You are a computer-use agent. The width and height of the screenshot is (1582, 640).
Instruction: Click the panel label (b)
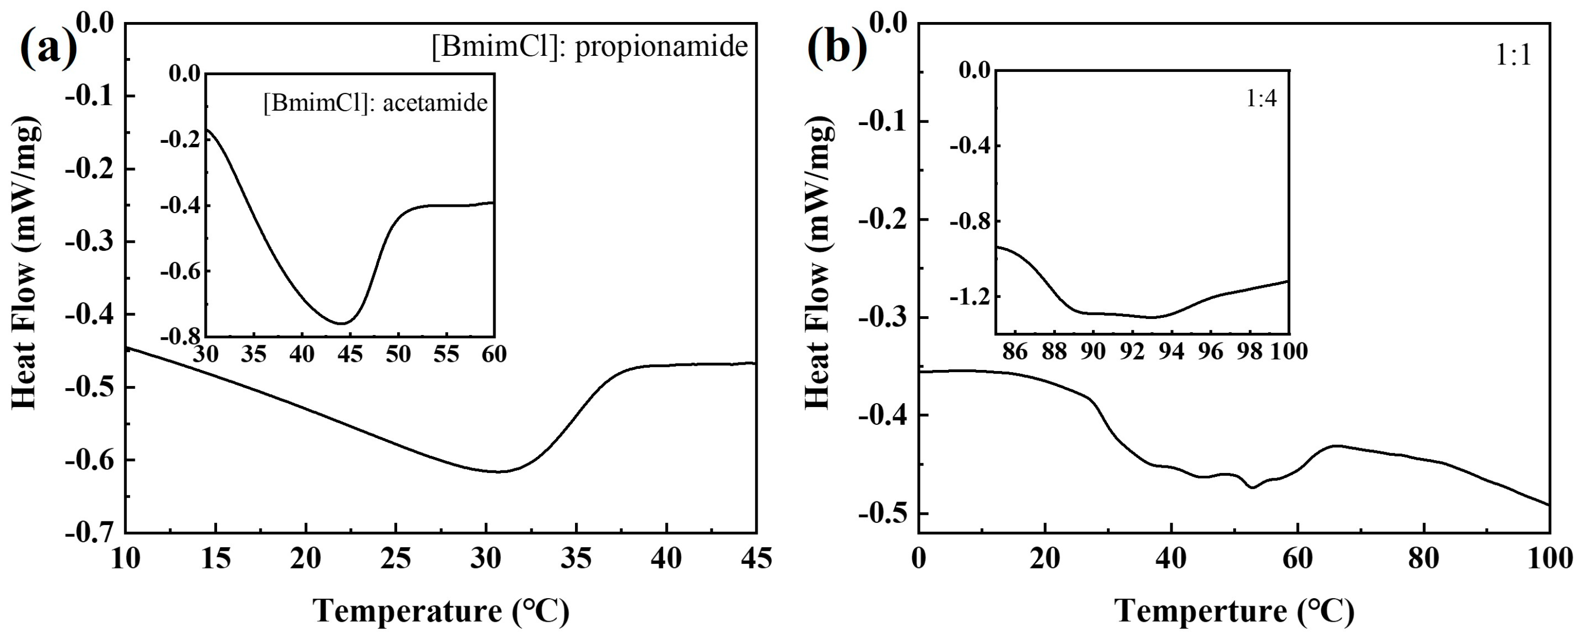click(837, 47)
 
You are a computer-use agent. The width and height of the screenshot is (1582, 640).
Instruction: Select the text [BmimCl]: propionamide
click(589, 47)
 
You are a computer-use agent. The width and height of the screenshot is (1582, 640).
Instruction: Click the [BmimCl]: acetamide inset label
click(375, 103)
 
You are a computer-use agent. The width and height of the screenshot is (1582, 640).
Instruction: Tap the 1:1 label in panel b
click(1513, 56)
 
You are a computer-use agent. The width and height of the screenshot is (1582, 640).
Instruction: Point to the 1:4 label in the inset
click(1261, 98)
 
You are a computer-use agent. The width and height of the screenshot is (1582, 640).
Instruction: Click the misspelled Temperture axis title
click(1234, 611)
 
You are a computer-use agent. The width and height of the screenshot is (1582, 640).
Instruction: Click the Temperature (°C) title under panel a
click(441, 611)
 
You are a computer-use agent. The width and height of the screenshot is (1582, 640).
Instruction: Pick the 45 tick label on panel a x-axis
click(756, 558)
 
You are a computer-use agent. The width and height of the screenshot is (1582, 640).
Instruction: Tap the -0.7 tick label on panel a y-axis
click(90, 533)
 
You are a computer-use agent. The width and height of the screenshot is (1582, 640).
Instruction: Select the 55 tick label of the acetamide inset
click(446, 354)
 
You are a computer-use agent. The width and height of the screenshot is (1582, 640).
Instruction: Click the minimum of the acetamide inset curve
click(343, 323)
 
